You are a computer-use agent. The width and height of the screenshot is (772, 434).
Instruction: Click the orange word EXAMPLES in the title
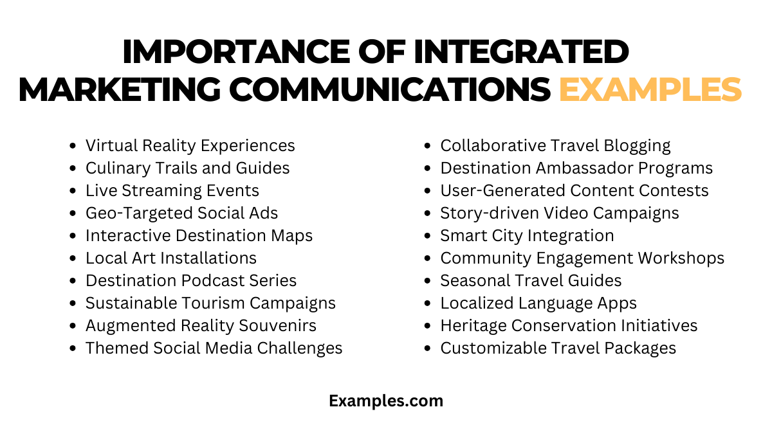click(650, 90)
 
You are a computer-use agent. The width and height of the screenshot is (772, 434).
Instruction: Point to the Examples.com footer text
click(386, 401)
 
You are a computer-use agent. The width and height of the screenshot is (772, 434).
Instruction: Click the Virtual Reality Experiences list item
click(190, 146)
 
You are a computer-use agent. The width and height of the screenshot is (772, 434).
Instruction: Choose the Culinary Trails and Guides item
click(187, 168)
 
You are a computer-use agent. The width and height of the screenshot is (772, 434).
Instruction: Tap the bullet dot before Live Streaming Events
click(73, 191)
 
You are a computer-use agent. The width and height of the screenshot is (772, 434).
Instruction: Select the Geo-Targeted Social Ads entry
click(181, 213)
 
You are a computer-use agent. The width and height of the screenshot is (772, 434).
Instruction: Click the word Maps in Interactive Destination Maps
click(291, 236)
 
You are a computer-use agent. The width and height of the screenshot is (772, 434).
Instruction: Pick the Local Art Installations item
click(170, 258)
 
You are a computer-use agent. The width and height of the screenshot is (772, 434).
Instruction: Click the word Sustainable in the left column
click(128, 303)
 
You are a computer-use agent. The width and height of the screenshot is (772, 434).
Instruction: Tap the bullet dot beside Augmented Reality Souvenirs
click(73, 326)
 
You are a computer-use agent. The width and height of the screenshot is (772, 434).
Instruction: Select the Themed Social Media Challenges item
click(214, 348)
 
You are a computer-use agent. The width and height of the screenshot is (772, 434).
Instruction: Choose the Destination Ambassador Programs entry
click(576, 168)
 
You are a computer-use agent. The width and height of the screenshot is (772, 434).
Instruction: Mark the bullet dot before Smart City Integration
click(428, 236)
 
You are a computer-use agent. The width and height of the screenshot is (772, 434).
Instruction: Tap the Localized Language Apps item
click(538, 303)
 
